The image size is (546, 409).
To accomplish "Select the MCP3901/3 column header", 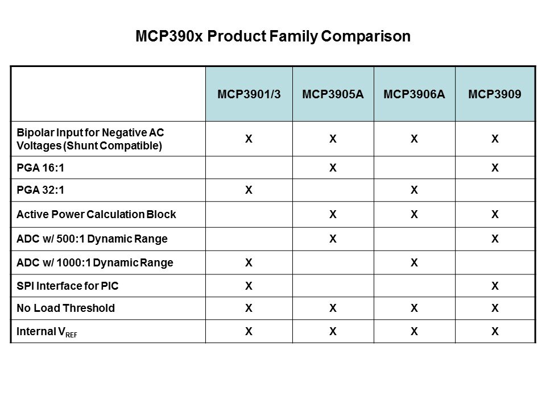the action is click(x=249, y=94).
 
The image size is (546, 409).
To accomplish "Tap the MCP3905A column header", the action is click(x=333, y=94).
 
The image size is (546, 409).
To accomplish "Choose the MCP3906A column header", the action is click(x=415, y=94).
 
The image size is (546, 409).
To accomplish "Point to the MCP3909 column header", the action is click(x=494, y=94).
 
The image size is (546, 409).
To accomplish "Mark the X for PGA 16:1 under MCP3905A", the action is click(x=333, y=168).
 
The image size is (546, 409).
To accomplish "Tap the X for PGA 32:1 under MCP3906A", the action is click(x=414, y=191).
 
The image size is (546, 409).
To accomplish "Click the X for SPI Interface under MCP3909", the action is click(x=495, y=286).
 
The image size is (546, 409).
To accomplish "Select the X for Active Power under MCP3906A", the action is click(x=414, y=215).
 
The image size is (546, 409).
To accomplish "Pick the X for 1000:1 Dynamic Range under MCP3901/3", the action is click(x=249, y=262).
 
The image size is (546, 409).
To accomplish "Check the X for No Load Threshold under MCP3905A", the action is click(x=333, y=308).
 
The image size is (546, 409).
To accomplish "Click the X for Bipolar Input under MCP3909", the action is click(x=495, y=138).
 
